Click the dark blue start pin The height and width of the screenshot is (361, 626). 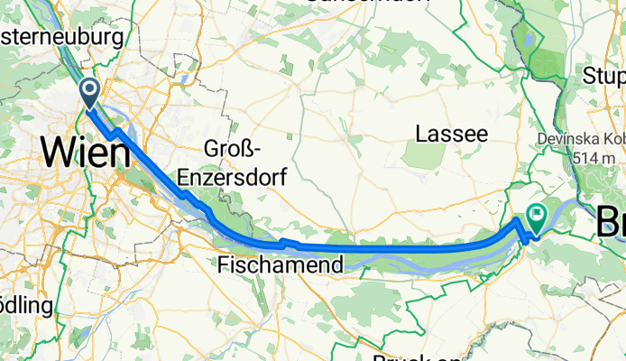[x=91, y=92]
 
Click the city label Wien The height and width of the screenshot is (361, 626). [x=85, y=152]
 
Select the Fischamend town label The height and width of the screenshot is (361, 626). [x=281, y=264]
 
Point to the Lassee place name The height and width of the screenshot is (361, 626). [x=451, y=134]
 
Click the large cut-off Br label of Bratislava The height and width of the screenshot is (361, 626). [x=612, y=219]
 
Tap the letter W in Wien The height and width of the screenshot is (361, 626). [x=56, y=152]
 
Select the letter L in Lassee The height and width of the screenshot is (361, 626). [x=421, y=134]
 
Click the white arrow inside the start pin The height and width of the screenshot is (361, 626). [x=91, y=88]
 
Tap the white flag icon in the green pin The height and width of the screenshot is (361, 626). [x=539, y=213]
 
